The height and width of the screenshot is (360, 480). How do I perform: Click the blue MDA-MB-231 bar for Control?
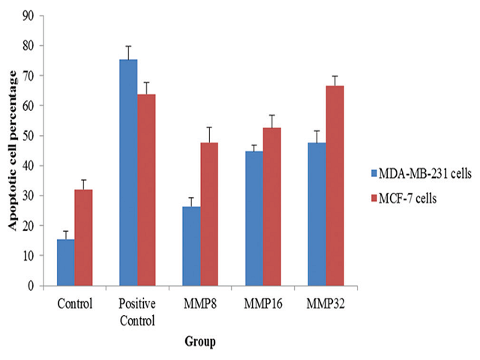click(66, 262)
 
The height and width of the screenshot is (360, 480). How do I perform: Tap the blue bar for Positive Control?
click(128, 172)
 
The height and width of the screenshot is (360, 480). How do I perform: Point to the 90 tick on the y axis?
click(28, 16)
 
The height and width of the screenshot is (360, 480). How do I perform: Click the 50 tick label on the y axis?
click(28, 136)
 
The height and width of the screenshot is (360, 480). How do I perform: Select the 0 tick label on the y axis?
click(31, 286)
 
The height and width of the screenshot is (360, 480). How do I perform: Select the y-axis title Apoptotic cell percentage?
click(11, 150)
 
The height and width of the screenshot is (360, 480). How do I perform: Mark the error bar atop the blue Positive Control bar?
click(128, 52)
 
